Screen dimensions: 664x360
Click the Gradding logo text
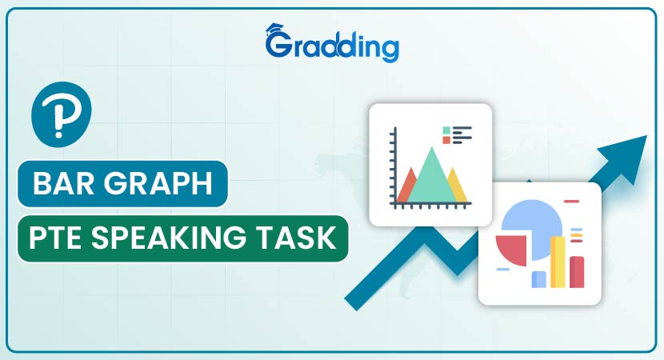coord(332,46)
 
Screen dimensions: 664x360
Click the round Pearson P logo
coord(62,114)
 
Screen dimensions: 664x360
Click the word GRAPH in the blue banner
coord(158,183)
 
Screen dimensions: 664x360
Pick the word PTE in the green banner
coord(54,238)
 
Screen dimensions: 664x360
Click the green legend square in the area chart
coord(446,130)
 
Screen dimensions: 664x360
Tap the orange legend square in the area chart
coord(446,140)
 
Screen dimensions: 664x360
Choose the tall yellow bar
coord(558,262)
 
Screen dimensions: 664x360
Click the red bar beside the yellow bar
coord(577,272)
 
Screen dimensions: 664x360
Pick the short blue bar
coord(538,279)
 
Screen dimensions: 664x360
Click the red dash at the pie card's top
coord(572,201)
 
